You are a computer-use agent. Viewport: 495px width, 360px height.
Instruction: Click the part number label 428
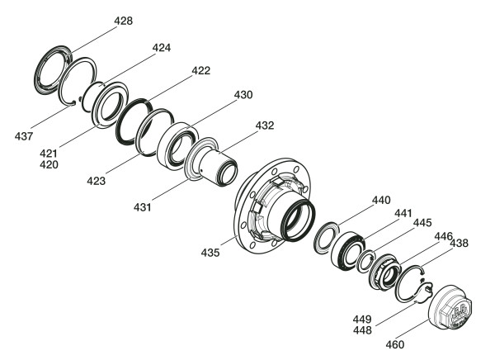point(124,21)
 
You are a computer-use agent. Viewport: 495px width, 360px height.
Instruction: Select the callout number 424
point(162,47)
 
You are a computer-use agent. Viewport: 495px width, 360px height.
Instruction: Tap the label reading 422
point(201,70)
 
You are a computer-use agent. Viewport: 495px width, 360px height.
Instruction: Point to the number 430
point(243,94)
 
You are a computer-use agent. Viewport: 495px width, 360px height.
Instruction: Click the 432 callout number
point(265,126)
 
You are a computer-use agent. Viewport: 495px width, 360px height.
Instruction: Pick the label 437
point(24,136)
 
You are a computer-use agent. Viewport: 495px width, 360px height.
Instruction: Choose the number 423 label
point(96,181)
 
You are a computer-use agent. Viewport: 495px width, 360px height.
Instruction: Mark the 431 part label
point(143,207)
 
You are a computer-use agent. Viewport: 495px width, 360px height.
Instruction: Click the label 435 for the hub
point(210,253)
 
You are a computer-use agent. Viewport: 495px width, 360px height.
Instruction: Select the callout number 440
point(381,200)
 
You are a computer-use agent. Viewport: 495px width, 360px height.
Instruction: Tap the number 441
point(403,213)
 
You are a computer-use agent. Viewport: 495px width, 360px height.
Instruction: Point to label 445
point(422,222)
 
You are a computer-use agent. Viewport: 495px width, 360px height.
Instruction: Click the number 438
point(459,243)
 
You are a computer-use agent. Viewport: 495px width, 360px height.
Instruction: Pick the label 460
point(395,344)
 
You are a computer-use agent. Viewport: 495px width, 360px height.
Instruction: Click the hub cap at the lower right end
point(450,307)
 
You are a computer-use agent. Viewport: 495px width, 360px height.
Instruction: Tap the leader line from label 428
point(94,40)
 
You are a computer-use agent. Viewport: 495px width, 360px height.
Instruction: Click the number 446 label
point(444,236)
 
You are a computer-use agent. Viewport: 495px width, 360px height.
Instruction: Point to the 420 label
point(49,164)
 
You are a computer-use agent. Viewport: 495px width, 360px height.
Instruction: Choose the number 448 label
point(362,330)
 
